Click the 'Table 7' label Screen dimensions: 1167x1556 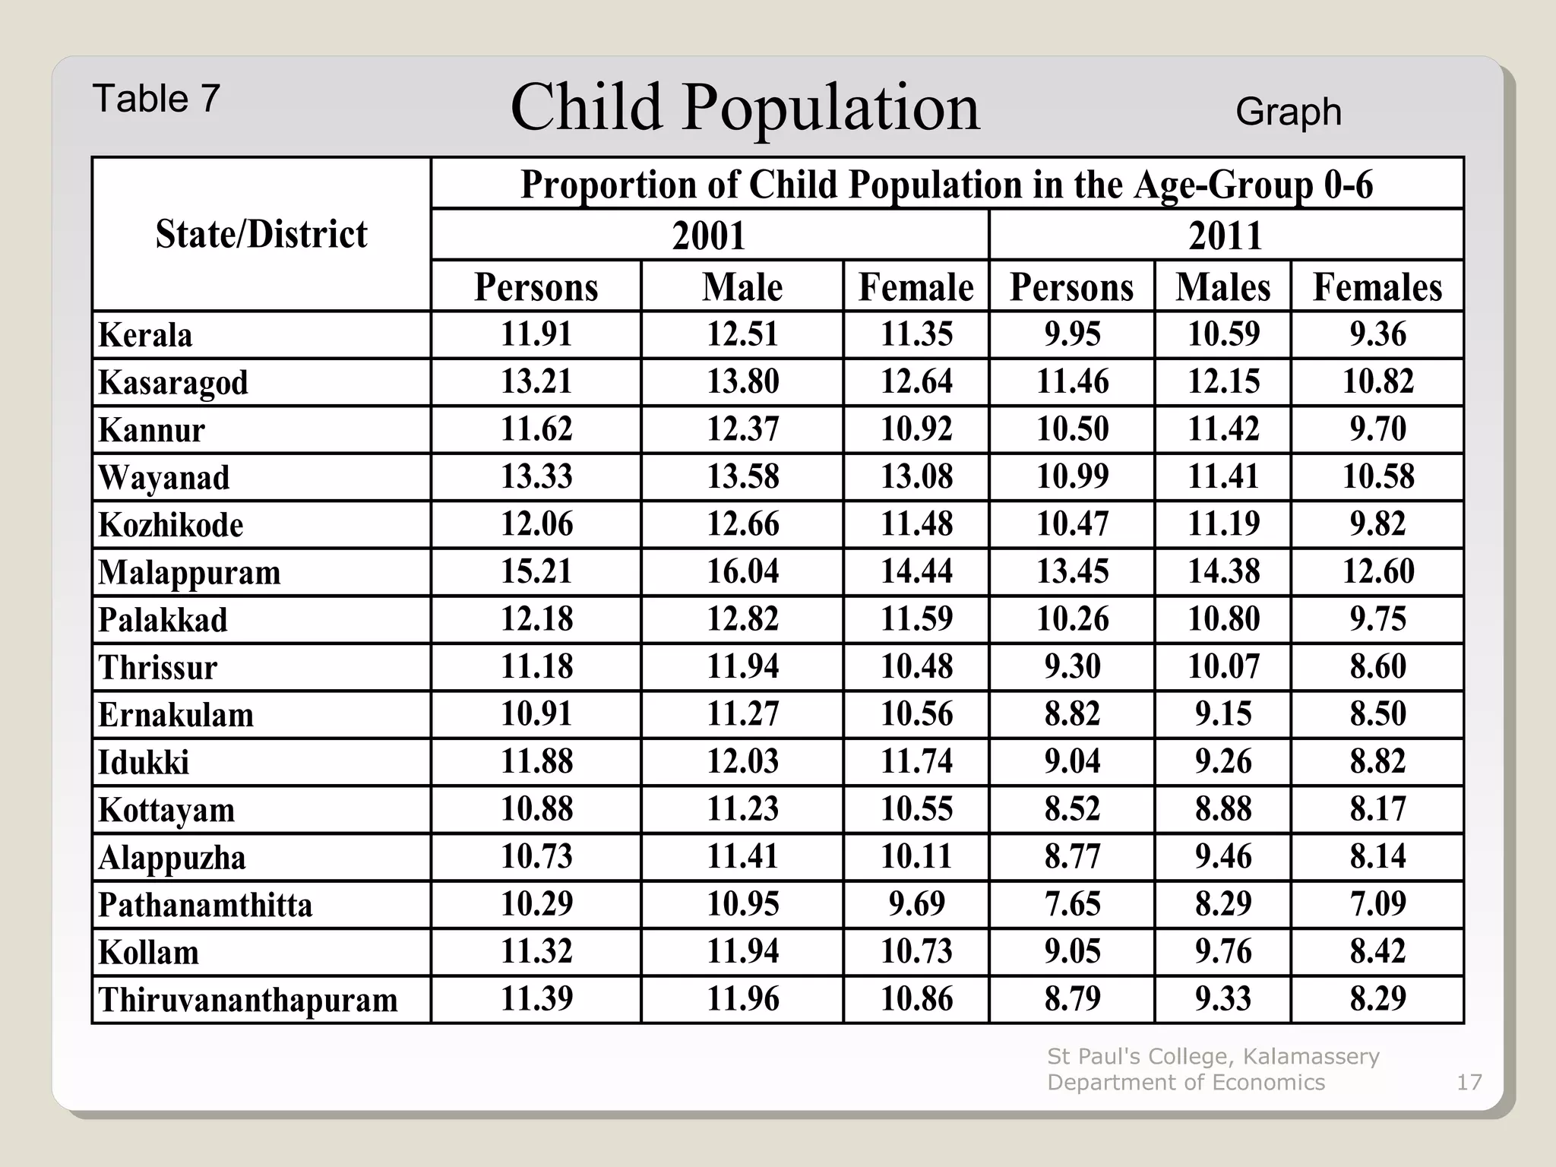(x=156, y=99)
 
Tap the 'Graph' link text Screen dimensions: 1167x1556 (x=1288, y=112)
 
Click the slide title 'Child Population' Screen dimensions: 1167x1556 (x=745, y=107)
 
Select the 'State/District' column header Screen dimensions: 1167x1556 (x=261, y=234)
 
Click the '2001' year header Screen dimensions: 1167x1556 (x=709, y=235)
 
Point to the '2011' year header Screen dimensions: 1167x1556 (x=1225, y=235)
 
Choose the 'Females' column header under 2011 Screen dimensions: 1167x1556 (x=1377, y=287)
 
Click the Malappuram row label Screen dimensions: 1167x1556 (x=189, y=572)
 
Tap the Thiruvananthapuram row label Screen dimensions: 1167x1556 (x=248, y=1000)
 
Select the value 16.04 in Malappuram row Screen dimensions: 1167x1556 (x=742, y=571)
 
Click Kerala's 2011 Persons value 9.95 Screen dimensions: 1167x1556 (x=1071, y=334)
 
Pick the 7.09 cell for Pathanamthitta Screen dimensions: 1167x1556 (x=1377, y=904)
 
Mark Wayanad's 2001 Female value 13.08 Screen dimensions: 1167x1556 (x=916, y=477)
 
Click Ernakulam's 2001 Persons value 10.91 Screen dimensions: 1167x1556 (x=536, y=714)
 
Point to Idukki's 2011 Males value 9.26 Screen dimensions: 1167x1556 (x=1222, y=761)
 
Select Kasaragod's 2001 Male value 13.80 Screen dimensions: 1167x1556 (x=742, y=381)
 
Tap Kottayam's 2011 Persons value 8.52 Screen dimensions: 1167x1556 (x=1071, y=809)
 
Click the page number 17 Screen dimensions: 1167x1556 (x=1469, y=1082)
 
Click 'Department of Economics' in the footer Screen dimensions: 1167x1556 (x=1185, y=1082)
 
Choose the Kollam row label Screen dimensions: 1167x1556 (x=148, y=952)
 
